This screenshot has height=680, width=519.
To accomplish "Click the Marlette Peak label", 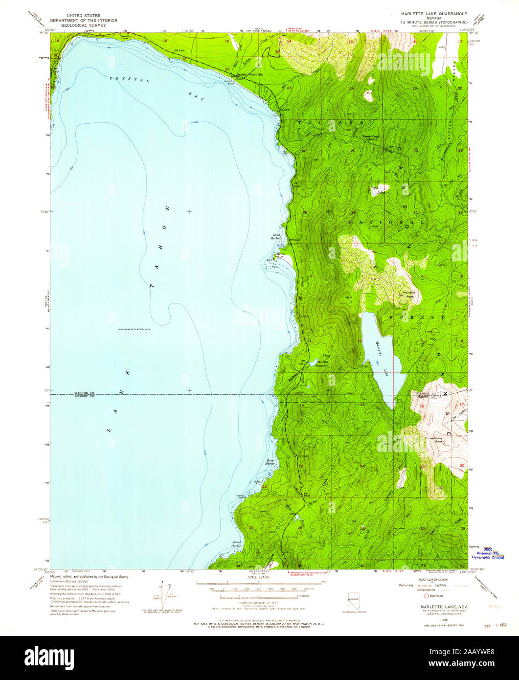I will [x=408, y=294].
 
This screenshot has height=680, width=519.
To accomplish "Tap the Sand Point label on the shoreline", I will [x=280, y=254].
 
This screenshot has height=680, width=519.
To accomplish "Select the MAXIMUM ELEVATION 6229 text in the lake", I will [x=134, y=330].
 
